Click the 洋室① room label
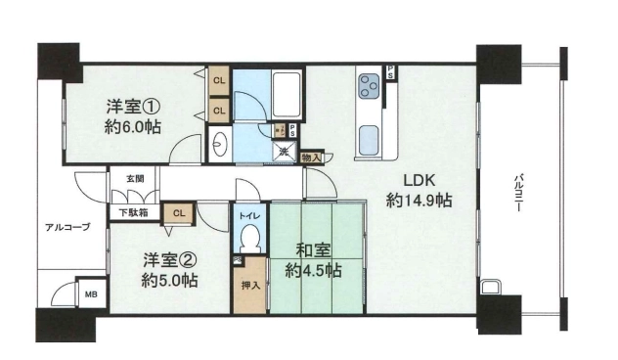pos(133,107)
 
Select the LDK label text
pos(419,181)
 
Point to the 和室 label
pos(313,250)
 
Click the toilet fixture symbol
pos(250,238)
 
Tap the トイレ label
pos(250,215)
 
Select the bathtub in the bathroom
pos(287,95)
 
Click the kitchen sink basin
pos(369,140)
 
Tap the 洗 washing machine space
pos(284,151)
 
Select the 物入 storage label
pos(311,157)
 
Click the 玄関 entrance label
pos(135,179)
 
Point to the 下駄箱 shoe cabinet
pos(134,213)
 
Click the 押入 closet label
pos(250,285)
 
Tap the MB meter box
pos(92,294)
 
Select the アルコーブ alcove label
pos(67,227)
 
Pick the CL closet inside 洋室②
pos(179,213)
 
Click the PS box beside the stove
pos(390,72)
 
